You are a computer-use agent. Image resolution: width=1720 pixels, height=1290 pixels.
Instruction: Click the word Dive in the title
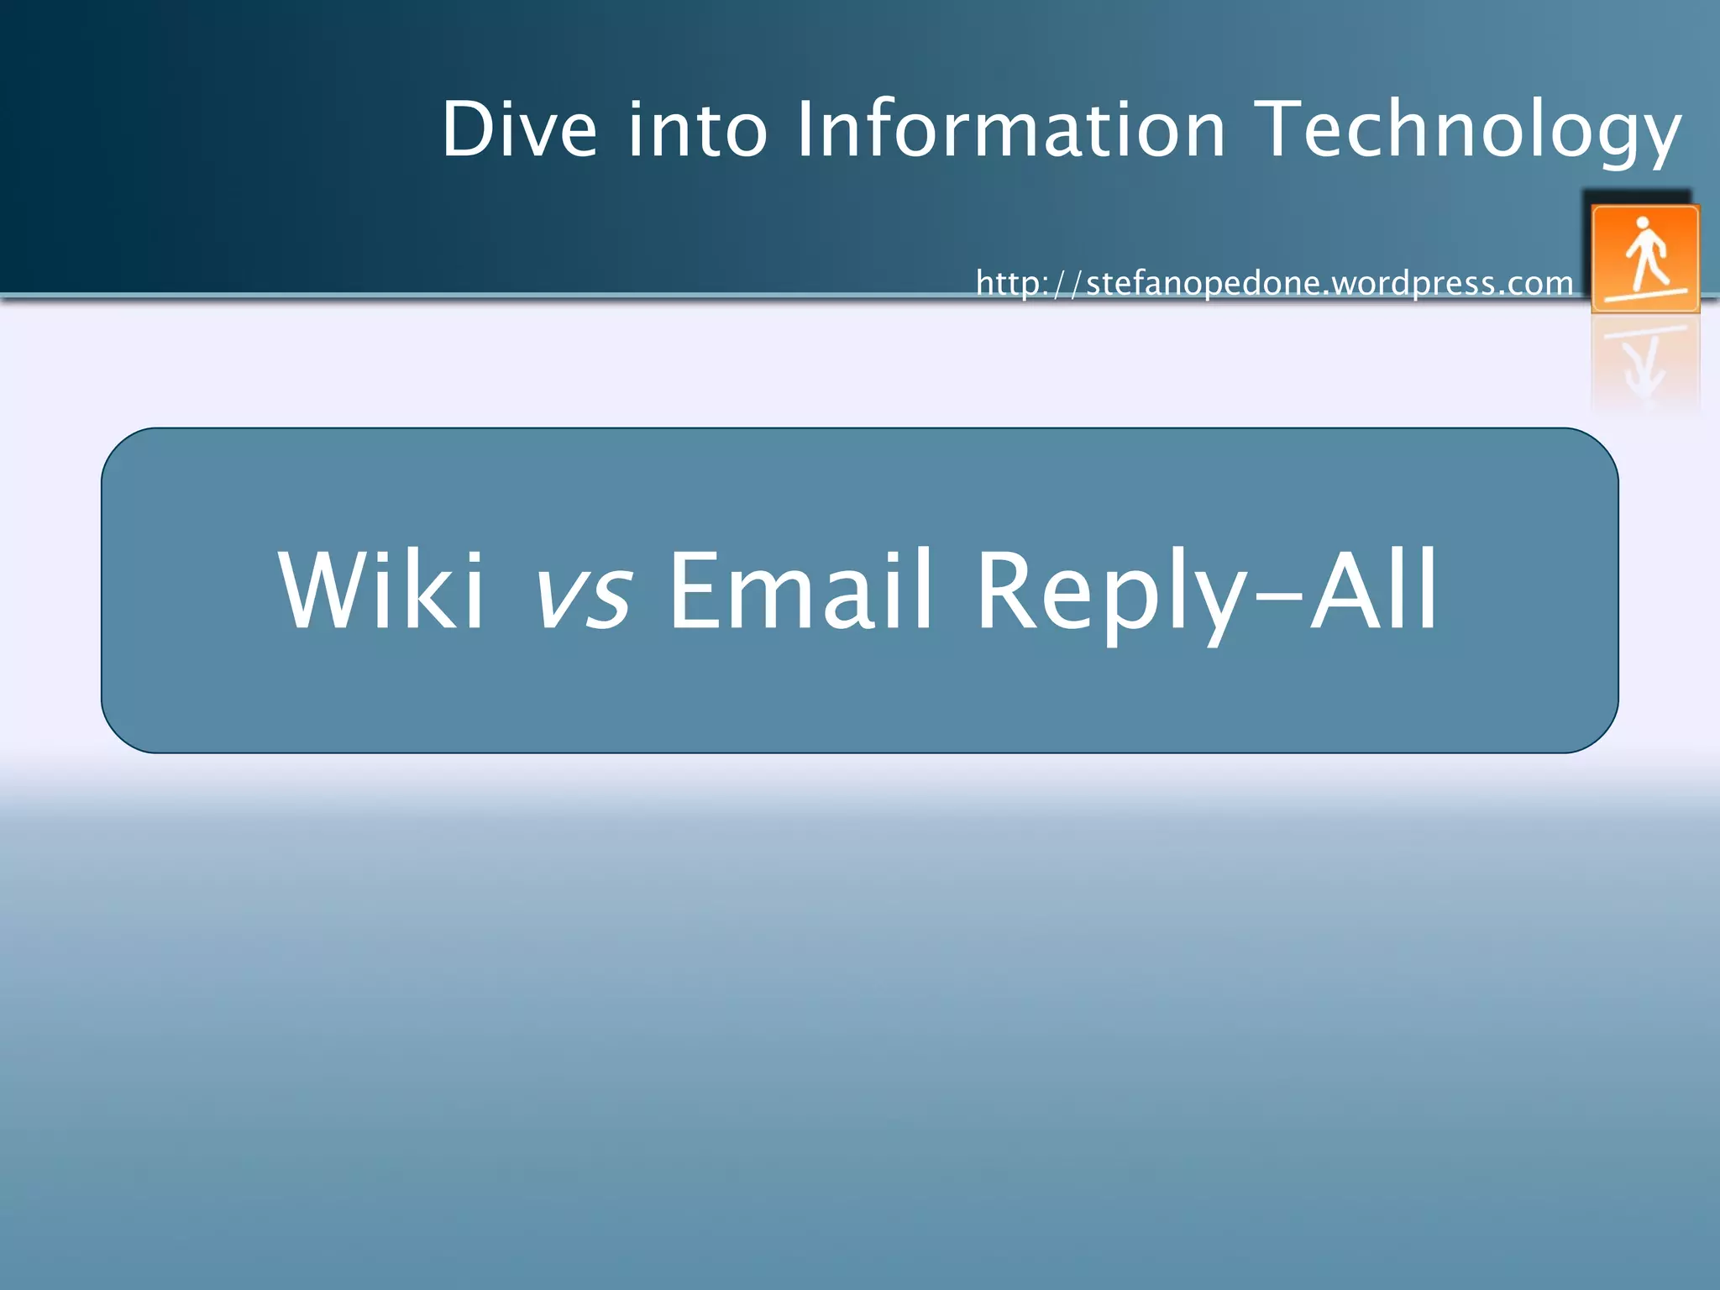click(x=519, y=129)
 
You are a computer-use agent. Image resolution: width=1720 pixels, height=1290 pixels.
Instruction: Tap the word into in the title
click(x=697, y=129)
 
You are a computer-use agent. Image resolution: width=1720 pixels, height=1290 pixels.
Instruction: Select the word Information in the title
click(x=1010, y=129)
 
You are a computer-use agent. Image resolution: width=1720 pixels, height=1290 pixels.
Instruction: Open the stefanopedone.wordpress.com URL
click(x=1274, y=283)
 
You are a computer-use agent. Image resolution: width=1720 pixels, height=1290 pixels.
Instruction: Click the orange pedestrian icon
click(x=1644, y=259)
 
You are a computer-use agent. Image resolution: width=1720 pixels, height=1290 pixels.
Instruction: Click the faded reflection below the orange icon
click(x=1644, y=365)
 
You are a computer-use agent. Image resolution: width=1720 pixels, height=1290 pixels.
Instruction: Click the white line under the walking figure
click(x=1644, y=295)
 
